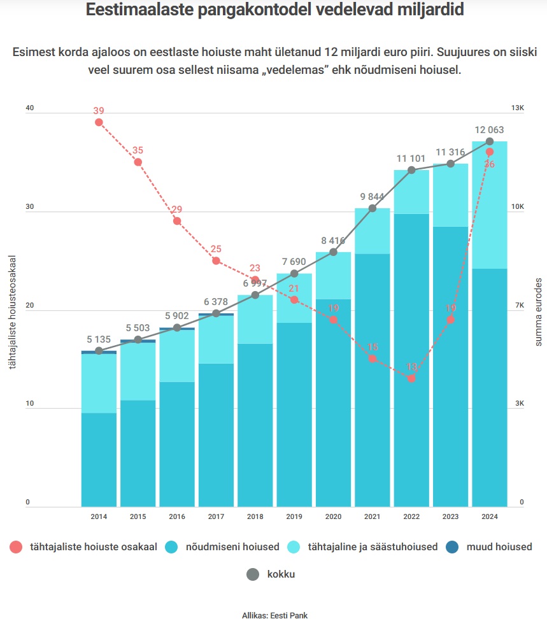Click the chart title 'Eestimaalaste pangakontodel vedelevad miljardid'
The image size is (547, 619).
pyautogui.click(x=274, y=11)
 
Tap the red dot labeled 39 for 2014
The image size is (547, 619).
pyautogui.click(x=99, y=122)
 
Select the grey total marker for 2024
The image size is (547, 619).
pyautogui.click(x=490, y=141)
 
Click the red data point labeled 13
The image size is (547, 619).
pyautogui.click(x=411, y=378)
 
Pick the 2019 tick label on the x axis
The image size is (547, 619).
pyautogui.click(x=294, y=517)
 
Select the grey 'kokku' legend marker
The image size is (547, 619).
pyautogui.click(x=253, y=574)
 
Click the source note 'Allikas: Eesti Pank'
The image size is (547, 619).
pyautogui.click(x=274, y=615)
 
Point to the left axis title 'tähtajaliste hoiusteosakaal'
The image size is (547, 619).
pyautogui.click(x=11, y=312)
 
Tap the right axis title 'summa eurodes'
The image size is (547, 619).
pyautogui.click(x=538, y=312)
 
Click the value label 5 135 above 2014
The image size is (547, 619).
pyautogui.click(x=99, y=339)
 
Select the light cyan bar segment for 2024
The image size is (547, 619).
pyautogui.click(x=490, y=204)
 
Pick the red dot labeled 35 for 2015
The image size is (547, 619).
pyautogui.click(x=138, y=162)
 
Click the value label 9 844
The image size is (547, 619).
pyautogui.click(x=373, y=196)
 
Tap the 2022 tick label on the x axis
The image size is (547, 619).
pyautogui.click(x=411, y=517)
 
